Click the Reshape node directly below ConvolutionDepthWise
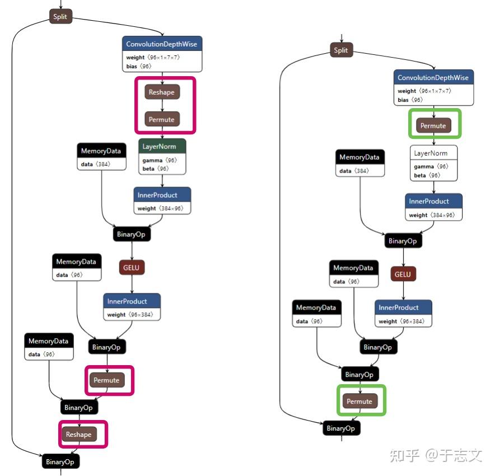[x=162, y=92]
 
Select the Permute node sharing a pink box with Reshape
[x=162, y=119]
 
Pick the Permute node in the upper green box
[x=433, y=125]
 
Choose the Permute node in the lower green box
[x=359, y=401]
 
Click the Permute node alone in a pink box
[x=106, y=380]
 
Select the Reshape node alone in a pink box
[x=78, y=434]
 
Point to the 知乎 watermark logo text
[x=404, y=454]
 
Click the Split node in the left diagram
[x=60, y=17]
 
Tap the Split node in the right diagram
[x=341, y=50]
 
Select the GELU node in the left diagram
[x=132, y=268]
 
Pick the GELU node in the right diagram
[x=403, y=274]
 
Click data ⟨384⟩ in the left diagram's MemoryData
[x=95, y=165]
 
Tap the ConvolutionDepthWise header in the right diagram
[x=433, y=77]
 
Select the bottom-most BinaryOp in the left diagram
[x=61, y=462]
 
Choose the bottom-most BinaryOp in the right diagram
[x=341, y=428]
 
